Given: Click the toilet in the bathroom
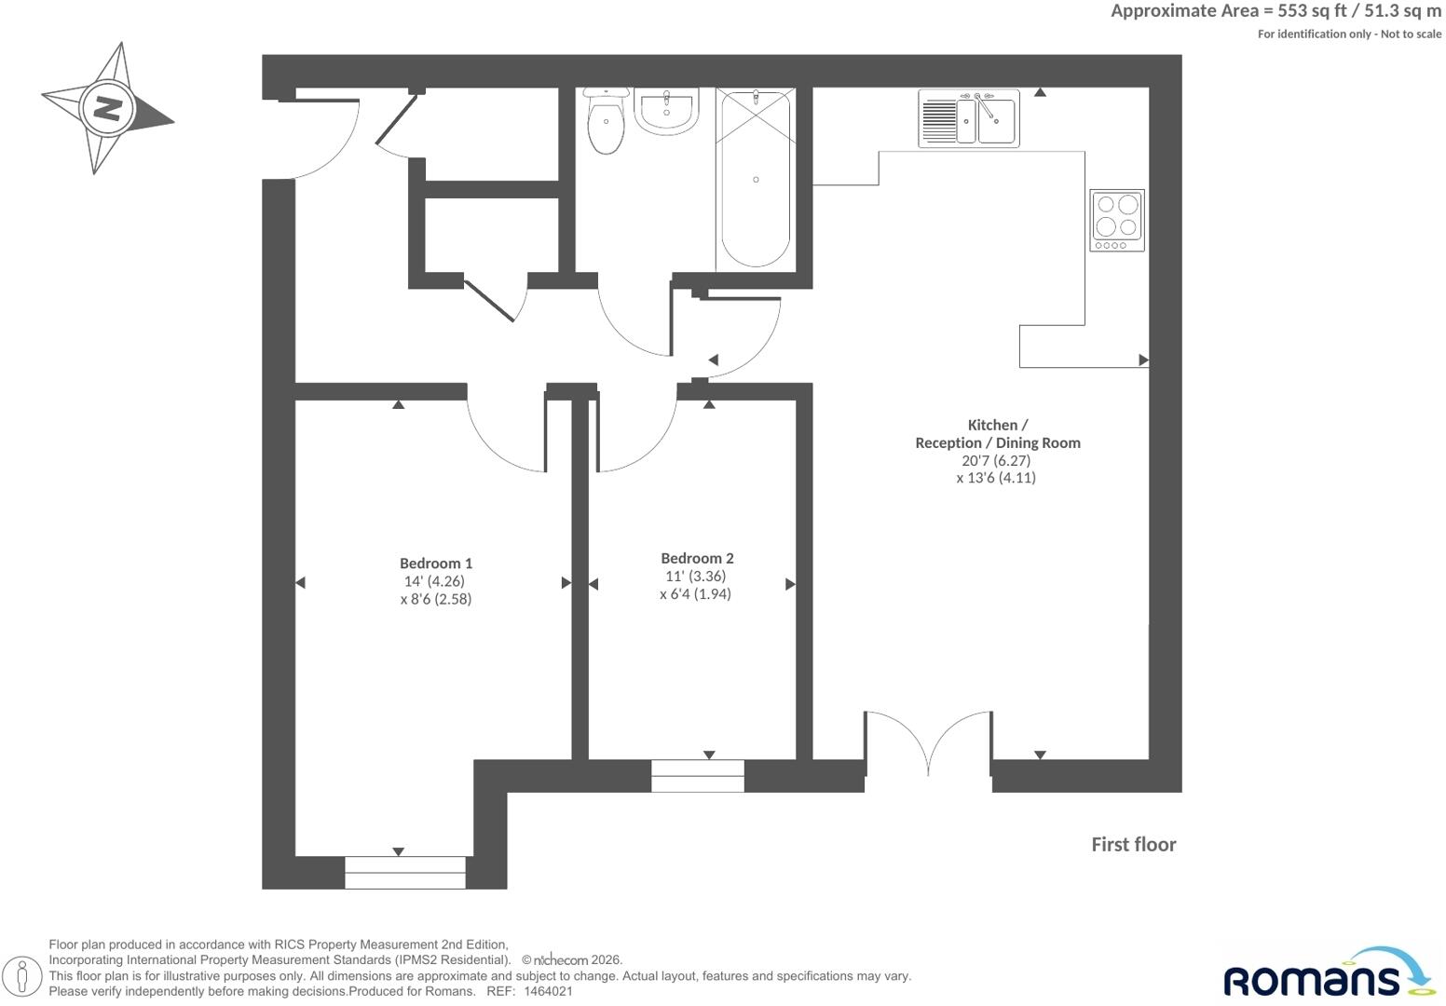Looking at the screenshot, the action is click(606, 121).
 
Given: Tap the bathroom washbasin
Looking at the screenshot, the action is click(666, 111).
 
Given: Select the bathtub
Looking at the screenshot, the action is click(756, 180).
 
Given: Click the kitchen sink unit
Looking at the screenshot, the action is click(969, 118).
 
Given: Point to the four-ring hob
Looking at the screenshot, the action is click(1117, 220).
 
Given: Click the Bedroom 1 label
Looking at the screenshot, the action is click(436, 564).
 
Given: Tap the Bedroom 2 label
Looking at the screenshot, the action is click(697, 558).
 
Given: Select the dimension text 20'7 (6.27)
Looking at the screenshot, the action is click(996, 460).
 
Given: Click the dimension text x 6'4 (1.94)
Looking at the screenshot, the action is click(695, 593).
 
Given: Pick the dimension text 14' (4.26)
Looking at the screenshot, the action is click(434, 580).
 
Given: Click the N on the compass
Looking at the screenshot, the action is click(107, 108).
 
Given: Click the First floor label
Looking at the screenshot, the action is click(1134, 845).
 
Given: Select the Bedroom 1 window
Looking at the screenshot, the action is click(404, 873).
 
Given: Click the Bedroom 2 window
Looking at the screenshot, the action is click(697, 776).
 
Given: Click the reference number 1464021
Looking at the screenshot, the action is click(548, 991).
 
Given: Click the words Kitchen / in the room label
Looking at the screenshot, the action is click(997, 426).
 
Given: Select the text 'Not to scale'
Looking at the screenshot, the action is click(1411, 34).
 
